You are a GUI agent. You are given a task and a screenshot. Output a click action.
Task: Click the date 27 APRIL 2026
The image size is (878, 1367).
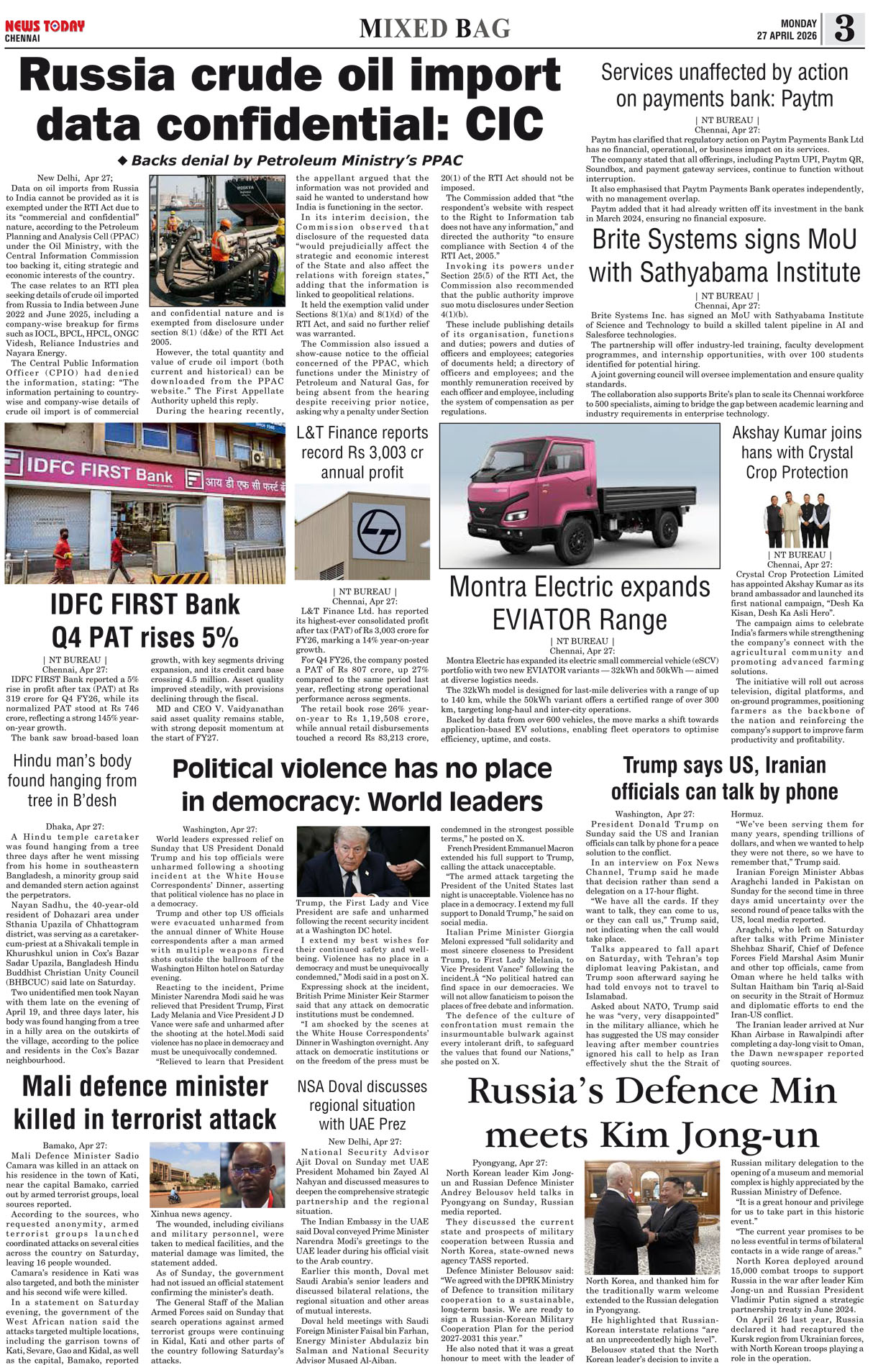click(786, 36)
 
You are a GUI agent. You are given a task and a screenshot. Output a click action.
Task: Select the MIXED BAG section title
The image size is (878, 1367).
click(435, 28)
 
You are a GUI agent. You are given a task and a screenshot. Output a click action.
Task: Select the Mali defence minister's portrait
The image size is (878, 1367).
click(253, 1175)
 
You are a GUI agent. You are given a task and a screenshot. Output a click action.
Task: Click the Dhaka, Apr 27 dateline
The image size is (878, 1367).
click(75, 827)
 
